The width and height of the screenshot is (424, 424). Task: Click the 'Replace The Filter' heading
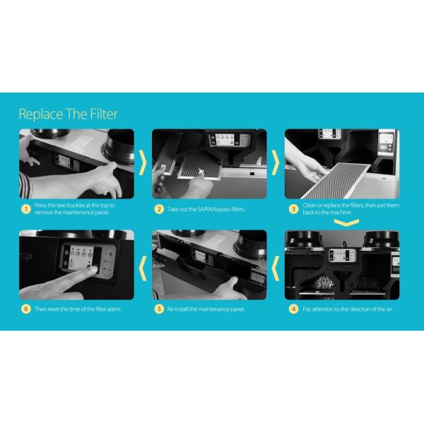point(68,114)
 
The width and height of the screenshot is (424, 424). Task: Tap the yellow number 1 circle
point(26,209)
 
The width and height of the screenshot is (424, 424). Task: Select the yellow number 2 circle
point(159,209)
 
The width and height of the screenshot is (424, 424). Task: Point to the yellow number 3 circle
point(293,209)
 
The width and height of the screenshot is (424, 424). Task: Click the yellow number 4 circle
point(293,309)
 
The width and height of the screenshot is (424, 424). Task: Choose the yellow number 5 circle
point(159,309)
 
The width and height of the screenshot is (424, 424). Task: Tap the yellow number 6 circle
point(26,309)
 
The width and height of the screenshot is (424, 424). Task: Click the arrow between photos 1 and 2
point(143,163)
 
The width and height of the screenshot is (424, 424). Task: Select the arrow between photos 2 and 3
point(276,163)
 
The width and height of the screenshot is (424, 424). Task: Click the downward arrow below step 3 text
point(346,223)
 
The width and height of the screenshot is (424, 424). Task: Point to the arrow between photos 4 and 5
point(276,269)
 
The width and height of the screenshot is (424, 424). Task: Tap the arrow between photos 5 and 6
point(143,269)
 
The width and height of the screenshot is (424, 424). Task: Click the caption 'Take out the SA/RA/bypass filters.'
point(206,209)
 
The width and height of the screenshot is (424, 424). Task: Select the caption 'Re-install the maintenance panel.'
point(206,309)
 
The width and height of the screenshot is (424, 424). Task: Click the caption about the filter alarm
point(78,309)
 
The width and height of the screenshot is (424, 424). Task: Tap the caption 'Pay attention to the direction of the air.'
point(348,309)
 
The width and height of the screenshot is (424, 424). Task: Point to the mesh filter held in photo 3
point(335,180)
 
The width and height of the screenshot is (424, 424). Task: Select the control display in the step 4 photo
point(342,255)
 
